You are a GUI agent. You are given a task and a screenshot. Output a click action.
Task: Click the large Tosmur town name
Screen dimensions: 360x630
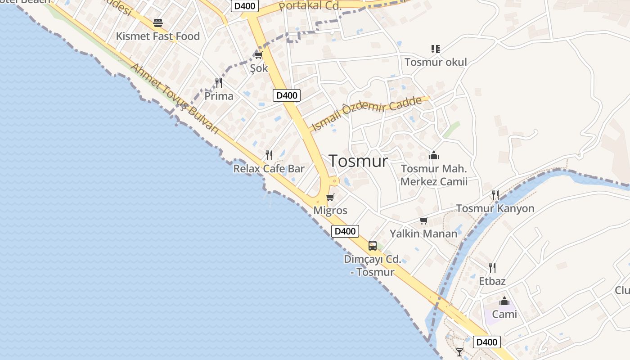click(358, 161)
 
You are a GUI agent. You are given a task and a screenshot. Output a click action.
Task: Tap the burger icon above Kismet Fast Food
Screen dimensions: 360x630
click(157, 22)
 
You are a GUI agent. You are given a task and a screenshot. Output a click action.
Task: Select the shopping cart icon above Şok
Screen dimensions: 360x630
click(258, 55)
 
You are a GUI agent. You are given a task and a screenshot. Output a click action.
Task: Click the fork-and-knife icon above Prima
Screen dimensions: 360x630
click(219, 82)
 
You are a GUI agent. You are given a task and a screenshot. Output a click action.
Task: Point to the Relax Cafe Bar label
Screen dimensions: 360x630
click(269, 169)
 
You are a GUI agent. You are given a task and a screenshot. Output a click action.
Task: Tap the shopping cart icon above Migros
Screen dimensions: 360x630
click(330, 197)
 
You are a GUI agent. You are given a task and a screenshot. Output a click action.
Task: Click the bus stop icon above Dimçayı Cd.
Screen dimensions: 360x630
click(373, 245)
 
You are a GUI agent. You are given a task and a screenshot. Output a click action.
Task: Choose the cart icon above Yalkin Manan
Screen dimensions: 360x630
click(423, 220)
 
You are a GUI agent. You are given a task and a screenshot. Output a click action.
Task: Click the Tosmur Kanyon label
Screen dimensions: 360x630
click(495, 208)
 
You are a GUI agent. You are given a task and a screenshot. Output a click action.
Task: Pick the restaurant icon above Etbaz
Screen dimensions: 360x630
click(492, 267)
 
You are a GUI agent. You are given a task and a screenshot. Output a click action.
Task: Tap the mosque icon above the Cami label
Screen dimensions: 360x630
click(504, 301)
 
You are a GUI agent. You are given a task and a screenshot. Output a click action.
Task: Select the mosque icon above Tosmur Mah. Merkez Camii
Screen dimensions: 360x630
click(434, 155)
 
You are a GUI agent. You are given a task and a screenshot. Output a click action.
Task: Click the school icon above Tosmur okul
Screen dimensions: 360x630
click(435, 49)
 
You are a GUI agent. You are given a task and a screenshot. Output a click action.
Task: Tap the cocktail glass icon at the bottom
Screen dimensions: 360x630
click(459, 352)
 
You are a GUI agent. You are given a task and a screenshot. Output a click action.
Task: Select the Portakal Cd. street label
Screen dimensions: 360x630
click(310, 6)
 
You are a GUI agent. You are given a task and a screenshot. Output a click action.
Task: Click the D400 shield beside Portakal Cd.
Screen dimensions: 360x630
click(245, 6)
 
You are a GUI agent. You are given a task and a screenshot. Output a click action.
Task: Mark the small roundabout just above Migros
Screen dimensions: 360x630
click(334, 181)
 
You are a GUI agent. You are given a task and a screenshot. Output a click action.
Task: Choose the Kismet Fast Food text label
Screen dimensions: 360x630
click(158, 36)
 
